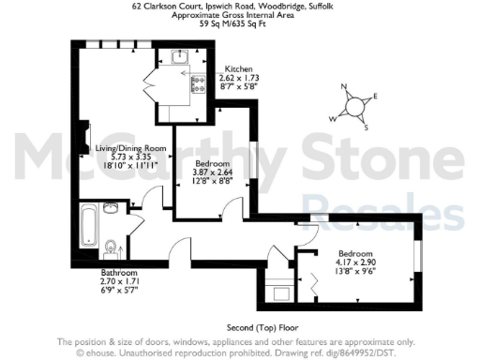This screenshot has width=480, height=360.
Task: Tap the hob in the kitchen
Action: (x=198, y=83)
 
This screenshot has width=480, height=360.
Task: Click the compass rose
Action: (x=354, y=106)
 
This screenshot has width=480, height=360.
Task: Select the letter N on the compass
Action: (x=343, y=90)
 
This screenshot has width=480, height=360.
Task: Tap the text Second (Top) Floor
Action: (x=238, y=326)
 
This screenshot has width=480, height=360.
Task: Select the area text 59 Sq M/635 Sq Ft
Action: (x=240, y=24)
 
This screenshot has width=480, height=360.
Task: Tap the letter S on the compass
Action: (x=367, y=127)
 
